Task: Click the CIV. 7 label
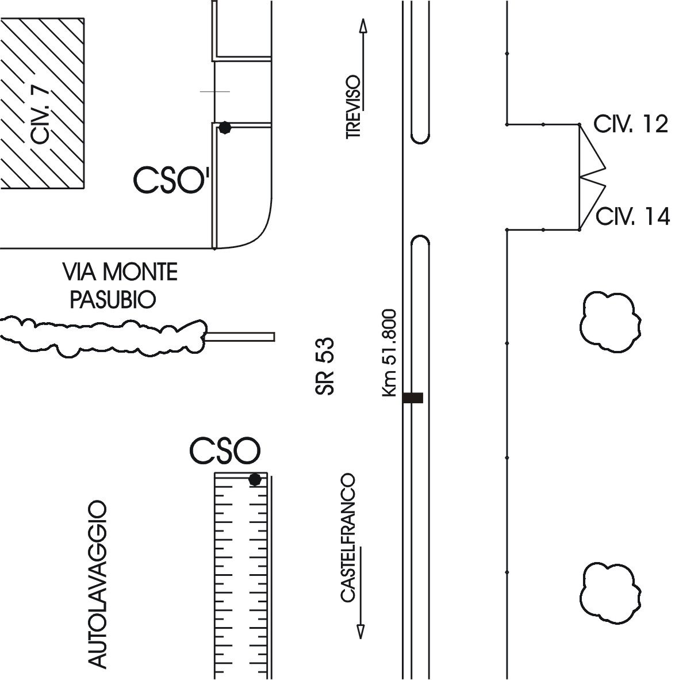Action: point(41,117)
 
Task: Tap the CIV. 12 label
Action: point(631,125)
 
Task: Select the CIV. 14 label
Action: point(632,217)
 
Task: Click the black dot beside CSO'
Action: point(225,128)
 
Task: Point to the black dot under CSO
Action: point(255,479)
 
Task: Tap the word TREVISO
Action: point(353,106)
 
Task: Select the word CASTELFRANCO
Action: point(348,538)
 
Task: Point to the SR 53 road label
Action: point(325,366)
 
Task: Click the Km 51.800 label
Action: point(390,353)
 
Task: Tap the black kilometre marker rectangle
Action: point(413,398)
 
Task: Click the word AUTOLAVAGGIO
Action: point(98,584)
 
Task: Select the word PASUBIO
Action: point(113,299)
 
